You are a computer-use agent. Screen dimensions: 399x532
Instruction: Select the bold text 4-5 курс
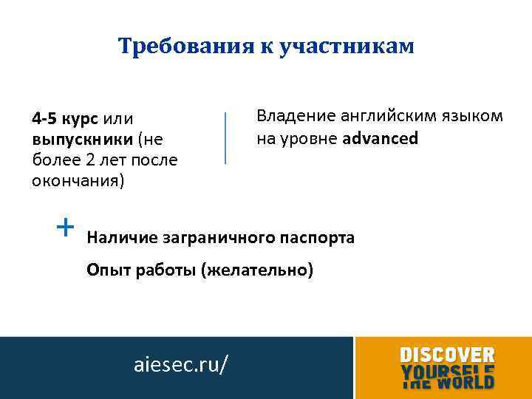pyautogui.click(x=66, y=118)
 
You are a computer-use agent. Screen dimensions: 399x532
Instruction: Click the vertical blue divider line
pyautogui.click(x=225, y=137)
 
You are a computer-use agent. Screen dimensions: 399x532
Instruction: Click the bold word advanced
pyautogui.click(x=381, y=138)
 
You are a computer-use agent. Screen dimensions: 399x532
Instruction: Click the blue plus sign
pyautogui.click(x=66, y=225)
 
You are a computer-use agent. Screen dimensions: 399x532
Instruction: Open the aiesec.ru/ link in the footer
pyautogui.click(x=181, y=364)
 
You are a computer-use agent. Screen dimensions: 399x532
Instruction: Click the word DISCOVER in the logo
pyautogui.click(x=447, y=355)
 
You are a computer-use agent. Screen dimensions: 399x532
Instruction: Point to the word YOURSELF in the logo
pyautogui.click(x=447, y=369)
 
